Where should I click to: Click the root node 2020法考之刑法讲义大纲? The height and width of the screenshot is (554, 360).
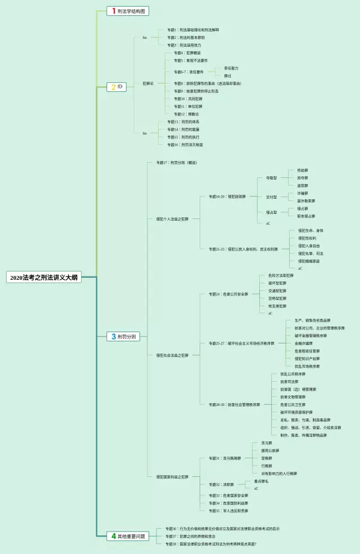click(44, 278)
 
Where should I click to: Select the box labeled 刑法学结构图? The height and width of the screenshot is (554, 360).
click(128, 11)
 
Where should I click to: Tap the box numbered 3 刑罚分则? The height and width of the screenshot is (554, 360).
click(123, 337)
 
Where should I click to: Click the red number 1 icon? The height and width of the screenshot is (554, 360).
click(113, 11)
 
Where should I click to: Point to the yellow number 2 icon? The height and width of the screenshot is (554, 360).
click(113, 87)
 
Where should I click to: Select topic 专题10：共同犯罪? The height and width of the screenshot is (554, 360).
click(188, 99)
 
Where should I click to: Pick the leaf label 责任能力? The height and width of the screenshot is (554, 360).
click(231, 68)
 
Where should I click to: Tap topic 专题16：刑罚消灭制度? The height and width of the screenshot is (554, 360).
click(185, 145)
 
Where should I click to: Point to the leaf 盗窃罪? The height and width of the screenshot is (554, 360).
click(303, 185)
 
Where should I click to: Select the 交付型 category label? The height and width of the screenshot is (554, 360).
click(271, 197)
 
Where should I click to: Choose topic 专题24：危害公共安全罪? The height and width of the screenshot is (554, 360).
click(228, 294)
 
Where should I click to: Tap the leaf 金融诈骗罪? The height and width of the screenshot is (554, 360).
click(303, 343)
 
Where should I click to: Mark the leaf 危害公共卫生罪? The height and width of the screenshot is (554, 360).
click(292, 404)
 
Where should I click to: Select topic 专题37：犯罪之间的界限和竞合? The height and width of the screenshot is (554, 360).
click(198, 537)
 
